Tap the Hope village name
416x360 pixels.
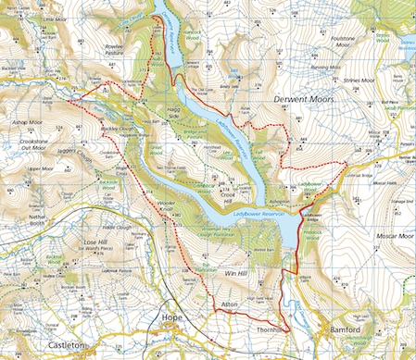click(170, 317)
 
